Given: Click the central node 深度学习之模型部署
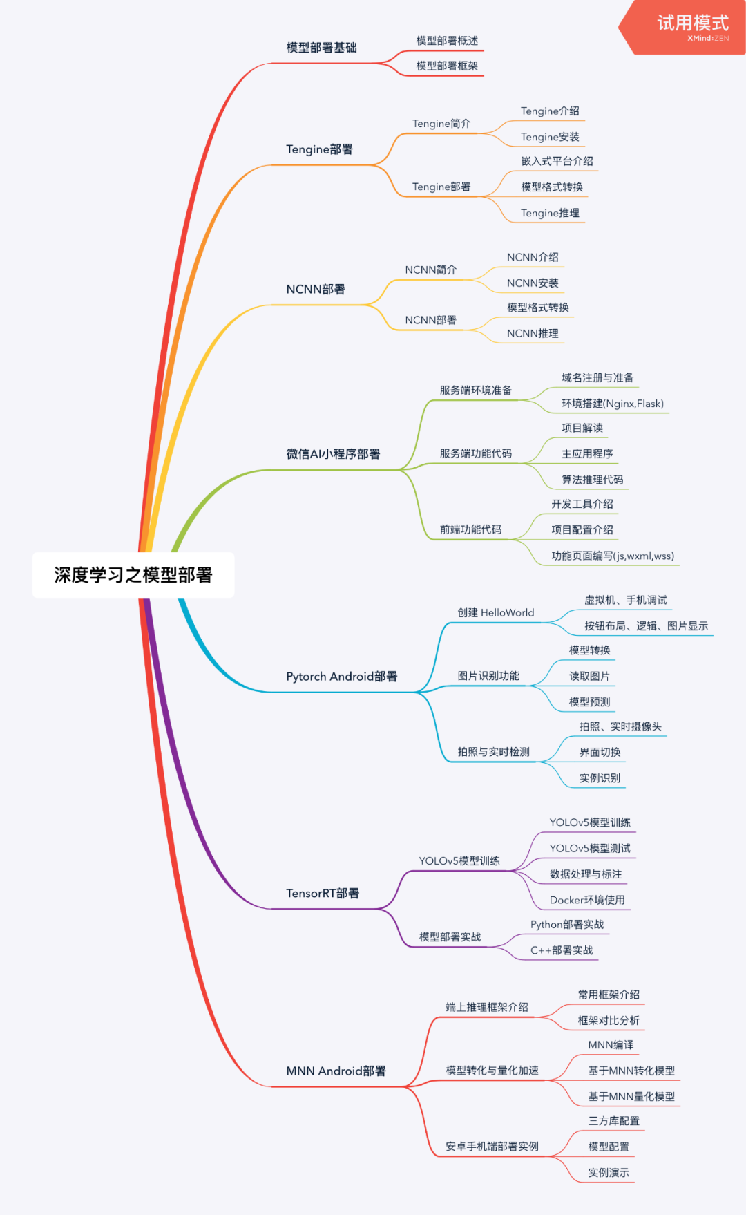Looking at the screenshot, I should [x=133, y=575].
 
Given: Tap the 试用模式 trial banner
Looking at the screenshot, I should [x=691, y=26].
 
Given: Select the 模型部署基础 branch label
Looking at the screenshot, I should [x=321, y=48].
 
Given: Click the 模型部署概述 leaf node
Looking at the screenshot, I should [x=447, y=41].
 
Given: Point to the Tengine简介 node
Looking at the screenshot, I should [x=441, y=124].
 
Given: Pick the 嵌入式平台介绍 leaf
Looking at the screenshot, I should [x=557, y=161].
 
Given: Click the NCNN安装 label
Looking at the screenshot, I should [x=533, y=283].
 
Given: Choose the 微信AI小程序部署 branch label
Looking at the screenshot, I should [x=333, y=454].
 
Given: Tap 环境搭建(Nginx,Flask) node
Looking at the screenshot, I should [x=612, y=404].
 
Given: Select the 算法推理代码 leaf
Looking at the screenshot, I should [x=592, y=480].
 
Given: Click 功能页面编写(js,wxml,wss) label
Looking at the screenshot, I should [x=612, y=556].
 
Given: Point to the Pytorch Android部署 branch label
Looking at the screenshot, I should [x=341, y=677].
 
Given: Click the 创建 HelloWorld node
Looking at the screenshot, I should [x=495, y=612].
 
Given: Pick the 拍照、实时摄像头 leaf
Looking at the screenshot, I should [x=620, y=726].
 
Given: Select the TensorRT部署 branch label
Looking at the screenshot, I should [x=323, y=894].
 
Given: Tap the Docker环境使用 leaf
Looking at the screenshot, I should [x=587, y=900].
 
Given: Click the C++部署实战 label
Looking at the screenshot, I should [x=562, y=950].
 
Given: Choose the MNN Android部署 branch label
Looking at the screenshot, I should [x=336, y=1071].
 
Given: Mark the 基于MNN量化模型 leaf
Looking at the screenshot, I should [x=631, y=1096].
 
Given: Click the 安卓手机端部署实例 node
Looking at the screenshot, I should [x=492, y=1147].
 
